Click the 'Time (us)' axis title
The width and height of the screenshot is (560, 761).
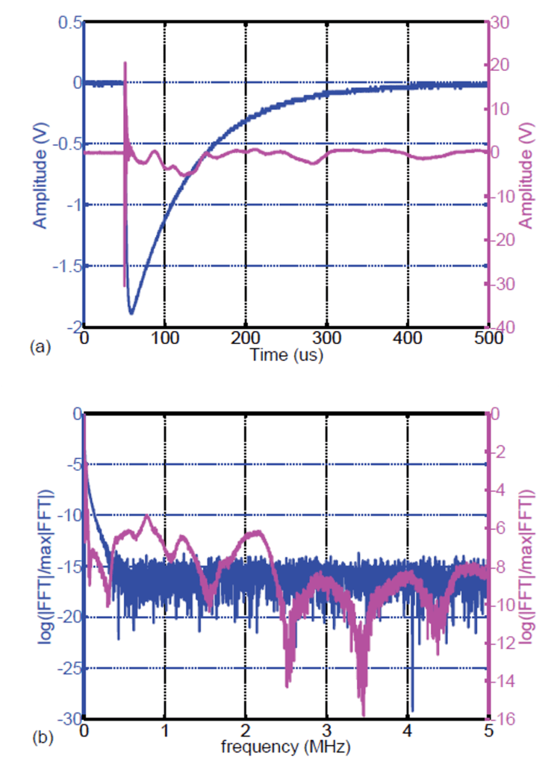click(286, 355)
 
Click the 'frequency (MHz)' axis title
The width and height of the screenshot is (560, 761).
click(285, 745)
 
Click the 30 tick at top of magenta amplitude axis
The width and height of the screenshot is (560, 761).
click(500, 22)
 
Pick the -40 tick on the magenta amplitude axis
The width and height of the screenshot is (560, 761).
click(502, 327)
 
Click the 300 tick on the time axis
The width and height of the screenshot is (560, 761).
click(326, 339)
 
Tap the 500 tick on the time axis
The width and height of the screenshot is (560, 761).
click(488, 339)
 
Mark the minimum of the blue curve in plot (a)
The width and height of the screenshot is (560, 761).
click(131, 312)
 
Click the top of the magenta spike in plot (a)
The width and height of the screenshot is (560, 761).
click(125, 64)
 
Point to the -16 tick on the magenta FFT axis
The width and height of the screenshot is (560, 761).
click(502, 718)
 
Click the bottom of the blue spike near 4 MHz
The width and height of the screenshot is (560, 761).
click(411, 710)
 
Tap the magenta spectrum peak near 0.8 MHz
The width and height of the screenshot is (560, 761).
click(147, 517)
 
